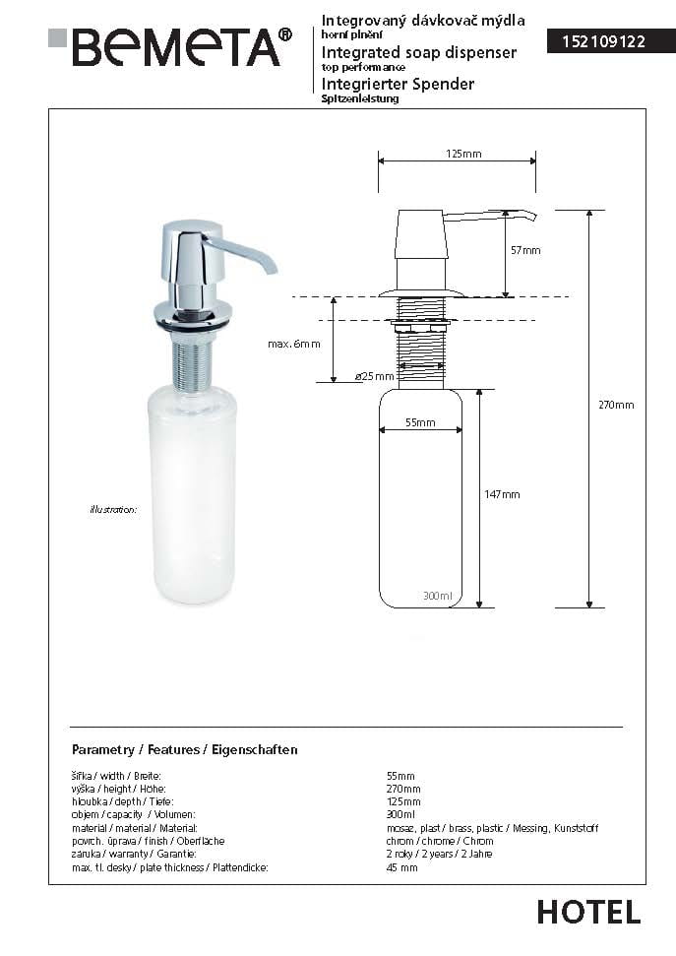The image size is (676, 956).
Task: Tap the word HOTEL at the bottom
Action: click(588, 912)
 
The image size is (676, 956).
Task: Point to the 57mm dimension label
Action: click(524, 250)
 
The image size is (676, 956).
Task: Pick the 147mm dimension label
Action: click(502, 493)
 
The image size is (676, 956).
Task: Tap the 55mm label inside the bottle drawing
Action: click(420, 422)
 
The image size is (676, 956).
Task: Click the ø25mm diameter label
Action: click(374, 376)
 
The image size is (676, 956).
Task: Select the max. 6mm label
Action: click(293, 344)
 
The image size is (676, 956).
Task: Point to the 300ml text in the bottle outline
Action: click(437, 596)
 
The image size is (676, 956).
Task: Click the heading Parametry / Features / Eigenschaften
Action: click(185, 749)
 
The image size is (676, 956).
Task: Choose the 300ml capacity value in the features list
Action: click(400, 815)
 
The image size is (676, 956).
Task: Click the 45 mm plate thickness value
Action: click(402, 867)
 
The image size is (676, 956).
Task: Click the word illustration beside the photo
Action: click(112, 510)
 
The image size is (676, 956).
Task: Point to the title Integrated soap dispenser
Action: click(419, 52)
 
